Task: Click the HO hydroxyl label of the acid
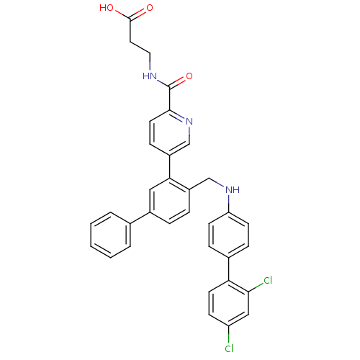pyautogui.click(x=107, y=8)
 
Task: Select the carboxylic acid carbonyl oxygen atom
pyautogui.click(x=150, y=8)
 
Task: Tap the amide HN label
pyautogui.click(x=150, y=76)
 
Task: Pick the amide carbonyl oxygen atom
pyautogui.click(x=189, y=76)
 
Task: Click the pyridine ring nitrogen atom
pyautogui.click(x=189, y=122)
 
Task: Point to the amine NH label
pyautogui.click(x=233, y=190)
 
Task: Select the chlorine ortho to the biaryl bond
pyautogui.click(x=268, y=280)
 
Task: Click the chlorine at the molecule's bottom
pyautogui.click(x=229, y=348)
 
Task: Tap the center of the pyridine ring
pyautogui.click(x=169, y=132)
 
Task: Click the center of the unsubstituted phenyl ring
pyautogui.click(x=110, y=235)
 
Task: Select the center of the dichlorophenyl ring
pyautogui.click(x=229, y=303)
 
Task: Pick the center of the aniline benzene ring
pyautogui.click(x=229, y=235)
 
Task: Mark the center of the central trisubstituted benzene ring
pyautogui.click(x=169, y=201)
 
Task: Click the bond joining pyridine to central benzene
pyautogui.click(x=169, y=167)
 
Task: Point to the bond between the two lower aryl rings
pyautogui.click(x=229, y=269)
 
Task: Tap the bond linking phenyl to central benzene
pyautogui.click(x=140, y=218)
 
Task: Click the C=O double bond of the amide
pyautogui.click(x=178, y=81)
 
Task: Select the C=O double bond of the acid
pyautogui.click(x=138, y=14)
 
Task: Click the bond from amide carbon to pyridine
pyautogui.click(x=169, y=99)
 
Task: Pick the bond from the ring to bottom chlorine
pyautogui.click(x=229, y=335)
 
